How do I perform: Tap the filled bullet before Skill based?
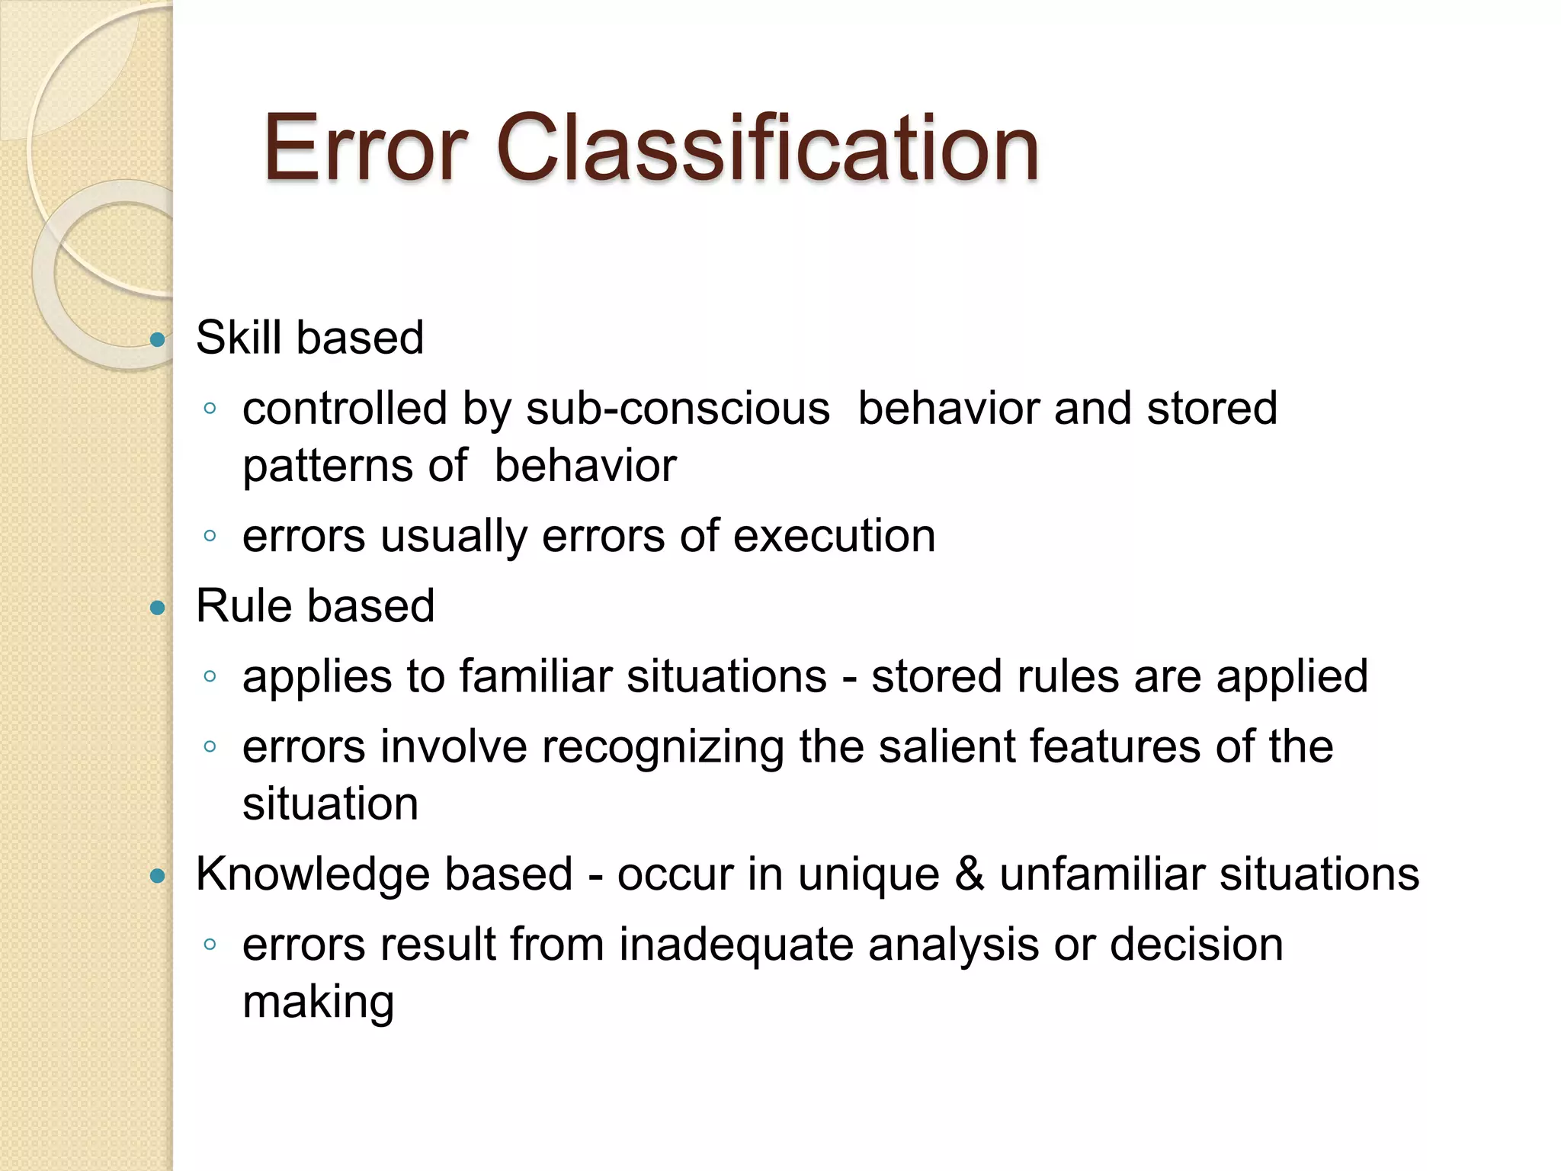[x=158, y=339]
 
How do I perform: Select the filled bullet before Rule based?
[x=158, y=608]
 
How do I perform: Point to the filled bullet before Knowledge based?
[x=158, y=876]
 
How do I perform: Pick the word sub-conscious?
[x=678, y=409]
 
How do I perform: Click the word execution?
[x=834, y=535]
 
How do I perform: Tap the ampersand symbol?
[x=970, y=874]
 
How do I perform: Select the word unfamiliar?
[x=1102, y=874]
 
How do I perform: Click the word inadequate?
[x=736, y=945]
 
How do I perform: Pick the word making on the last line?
[x=319, y=1003]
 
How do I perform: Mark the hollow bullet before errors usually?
[x=210, y=536]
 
